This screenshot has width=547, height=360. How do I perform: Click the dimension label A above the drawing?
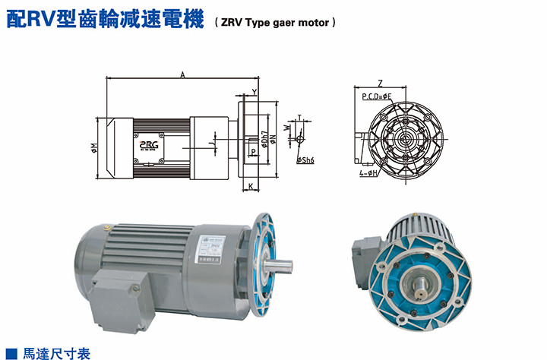coord(183,74)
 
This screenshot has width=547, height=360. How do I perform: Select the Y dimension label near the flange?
coord(254,92)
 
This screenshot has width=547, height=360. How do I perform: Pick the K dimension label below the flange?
coord(249,186)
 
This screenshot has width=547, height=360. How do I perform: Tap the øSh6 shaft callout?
coord(305,160)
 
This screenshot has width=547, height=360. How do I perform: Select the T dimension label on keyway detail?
coord(299,118)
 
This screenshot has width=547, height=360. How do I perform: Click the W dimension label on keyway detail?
coord(286,128)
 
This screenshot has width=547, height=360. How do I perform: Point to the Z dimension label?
coord(379,83)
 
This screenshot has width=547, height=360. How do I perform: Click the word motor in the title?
coord(312,23)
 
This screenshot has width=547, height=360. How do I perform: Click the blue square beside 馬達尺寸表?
coord(11,353)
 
